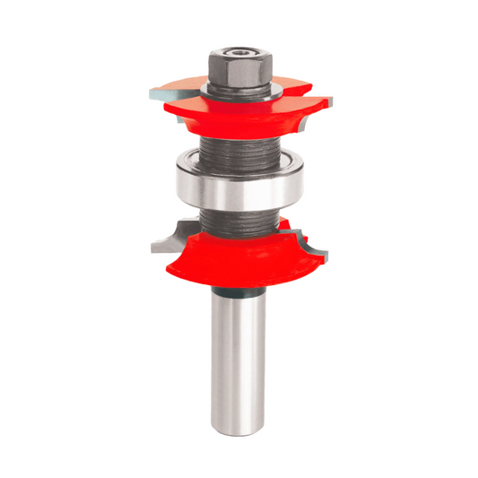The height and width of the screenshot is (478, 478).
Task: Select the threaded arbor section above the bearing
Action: (x=238, y=152)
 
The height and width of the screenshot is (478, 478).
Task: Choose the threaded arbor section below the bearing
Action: (x=238, y=220)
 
